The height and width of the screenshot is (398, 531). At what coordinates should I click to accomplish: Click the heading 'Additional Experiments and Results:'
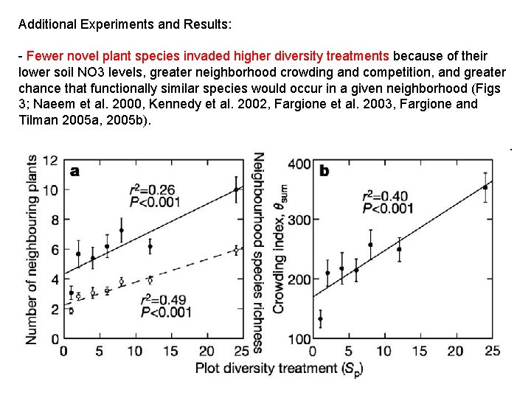pyautogui.click(x=125, y=24)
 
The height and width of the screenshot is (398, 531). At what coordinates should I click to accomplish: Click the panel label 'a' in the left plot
pyautogui.click(x=74, y=171)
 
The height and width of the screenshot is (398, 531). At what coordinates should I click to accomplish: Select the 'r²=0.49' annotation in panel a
pyautogui.click(x=164, y=301)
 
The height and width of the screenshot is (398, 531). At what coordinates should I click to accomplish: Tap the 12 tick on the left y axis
pyautogui.click(x=50, y=160)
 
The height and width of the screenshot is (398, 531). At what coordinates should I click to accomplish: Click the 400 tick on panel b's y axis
pyautogui.click(x=299, y=163)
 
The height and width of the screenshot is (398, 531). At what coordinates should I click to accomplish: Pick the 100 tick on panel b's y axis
pyautogui.click(x=299, y=339)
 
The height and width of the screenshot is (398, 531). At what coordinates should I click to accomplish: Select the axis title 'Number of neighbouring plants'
pyautogui.click(x=32, y=248)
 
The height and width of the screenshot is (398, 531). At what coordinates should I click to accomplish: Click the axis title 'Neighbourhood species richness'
pyautogui.click(x=259, y=251)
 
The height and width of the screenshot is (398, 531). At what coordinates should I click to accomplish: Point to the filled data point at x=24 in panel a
pyautogui.click(x=236, y=189)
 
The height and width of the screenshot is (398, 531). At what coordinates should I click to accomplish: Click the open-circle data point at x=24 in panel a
pyautogui.click(x=236, y=251)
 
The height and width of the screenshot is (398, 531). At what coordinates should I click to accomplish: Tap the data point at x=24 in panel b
pyautogui.click(x=485, y=187)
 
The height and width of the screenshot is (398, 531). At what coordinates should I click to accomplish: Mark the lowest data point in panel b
pyautogui.click(x=320, y=319)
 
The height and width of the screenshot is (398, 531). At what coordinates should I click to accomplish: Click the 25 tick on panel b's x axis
pyautogui.click(x=492, y=352)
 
